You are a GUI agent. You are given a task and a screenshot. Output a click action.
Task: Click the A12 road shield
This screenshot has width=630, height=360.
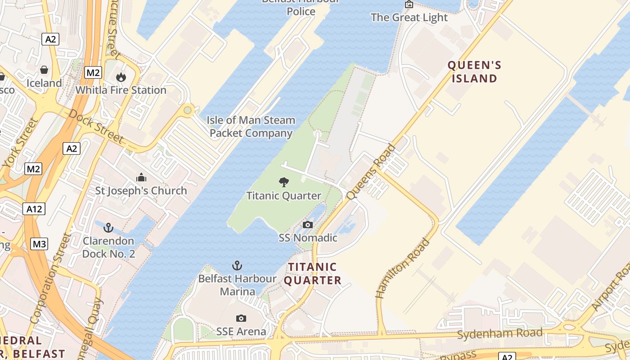click(x=34, y=209)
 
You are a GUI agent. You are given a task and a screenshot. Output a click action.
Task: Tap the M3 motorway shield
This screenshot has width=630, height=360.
click(x=39, y=244)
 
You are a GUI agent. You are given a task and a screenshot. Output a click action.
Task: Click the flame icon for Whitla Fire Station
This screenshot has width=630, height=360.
click(x=121, y=77)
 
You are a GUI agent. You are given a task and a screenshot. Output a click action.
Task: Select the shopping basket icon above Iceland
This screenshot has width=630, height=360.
click(x=44, y=70)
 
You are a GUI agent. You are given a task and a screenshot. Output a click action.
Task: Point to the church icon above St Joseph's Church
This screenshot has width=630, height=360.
click(x=141, y=177)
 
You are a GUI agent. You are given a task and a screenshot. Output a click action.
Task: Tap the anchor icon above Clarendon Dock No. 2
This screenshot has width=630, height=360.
click(x=108, y=227)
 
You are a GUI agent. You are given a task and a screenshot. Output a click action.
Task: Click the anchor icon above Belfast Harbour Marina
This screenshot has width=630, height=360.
click(x=237, y=265)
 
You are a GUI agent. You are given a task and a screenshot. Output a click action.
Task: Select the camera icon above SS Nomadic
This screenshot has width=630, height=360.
click(x=308, y=225)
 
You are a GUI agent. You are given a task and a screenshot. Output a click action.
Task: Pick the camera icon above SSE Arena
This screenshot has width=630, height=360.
click(x=241, y=319)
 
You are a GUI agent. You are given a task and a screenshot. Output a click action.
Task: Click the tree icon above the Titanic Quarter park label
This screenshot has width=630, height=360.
click(x=283, y=182)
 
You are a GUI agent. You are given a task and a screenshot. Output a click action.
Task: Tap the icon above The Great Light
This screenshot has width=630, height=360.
click(x=409, y=4)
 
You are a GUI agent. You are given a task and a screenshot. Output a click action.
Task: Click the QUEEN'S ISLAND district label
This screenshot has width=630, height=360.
click(x=474, y=72)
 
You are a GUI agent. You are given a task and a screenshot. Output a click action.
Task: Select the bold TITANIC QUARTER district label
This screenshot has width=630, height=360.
click(x=312, y=274)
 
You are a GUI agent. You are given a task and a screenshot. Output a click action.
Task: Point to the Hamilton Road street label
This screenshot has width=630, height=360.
click(x=403, y=269)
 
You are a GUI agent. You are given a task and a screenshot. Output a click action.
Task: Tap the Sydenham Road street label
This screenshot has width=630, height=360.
click(x=499, y=334)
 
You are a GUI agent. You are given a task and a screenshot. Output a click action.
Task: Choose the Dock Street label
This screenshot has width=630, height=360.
click(x=95, y=126)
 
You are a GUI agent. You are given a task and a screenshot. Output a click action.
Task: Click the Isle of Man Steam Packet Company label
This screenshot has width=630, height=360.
click(x=251, y=127)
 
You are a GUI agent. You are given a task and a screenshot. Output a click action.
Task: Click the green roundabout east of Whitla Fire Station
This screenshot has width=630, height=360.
click(x=188, y=110)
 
